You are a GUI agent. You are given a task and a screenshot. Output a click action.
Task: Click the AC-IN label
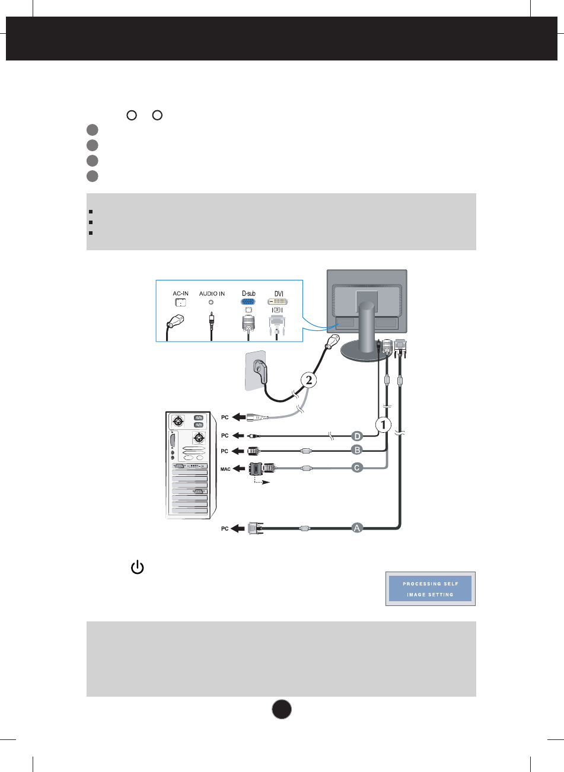[x=180, y=294]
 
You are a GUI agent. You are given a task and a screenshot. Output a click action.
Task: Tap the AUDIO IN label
[x=212, y=294]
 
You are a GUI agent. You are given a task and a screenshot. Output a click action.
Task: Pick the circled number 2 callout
[x=308, y=380]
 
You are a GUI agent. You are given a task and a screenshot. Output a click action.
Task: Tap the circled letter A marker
[x=358, y=527]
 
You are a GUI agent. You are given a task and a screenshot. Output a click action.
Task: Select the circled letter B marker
[x=358, y=450]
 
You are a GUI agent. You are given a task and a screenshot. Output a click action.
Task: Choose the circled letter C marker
[x=358, y=467]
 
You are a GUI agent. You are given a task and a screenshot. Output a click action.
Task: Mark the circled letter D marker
[x=358, y=435]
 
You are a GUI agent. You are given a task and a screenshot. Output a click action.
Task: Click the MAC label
[x=225, y=468]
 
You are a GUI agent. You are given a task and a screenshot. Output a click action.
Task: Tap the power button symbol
[x=137, y=567]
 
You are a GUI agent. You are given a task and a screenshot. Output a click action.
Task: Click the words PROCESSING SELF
[x=431, y=584]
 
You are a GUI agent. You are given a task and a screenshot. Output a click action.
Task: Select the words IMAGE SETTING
[x=431, y=595]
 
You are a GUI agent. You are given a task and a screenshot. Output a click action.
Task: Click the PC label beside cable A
[x=225, y=529]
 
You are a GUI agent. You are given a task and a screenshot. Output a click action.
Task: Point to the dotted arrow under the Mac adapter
[x=261, y=483]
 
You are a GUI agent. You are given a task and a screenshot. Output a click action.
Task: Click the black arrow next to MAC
[x=240, y=468]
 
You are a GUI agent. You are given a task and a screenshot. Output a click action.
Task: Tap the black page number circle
[x=282, y=710]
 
